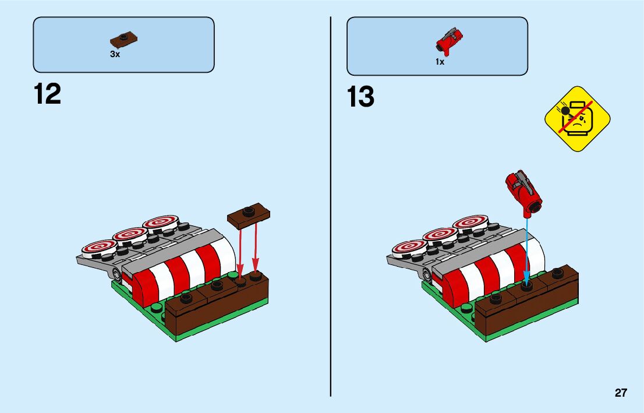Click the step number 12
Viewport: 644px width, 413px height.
pos(47,94)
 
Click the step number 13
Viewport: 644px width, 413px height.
pos(360,97)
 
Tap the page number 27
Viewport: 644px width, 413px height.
pos(621,393)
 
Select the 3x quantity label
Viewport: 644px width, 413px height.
pos(115,54)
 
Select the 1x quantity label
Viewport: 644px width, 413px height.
pos(440,62)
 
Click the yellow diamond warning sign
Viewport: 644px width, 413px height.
pos(577,119)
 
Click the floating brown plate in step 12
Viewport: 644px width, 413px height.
pos(249,214)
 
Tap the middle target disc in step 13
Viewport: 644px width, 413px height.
pos(441,235)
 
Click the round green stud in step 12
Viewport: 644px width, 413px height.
pos(157,308)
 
